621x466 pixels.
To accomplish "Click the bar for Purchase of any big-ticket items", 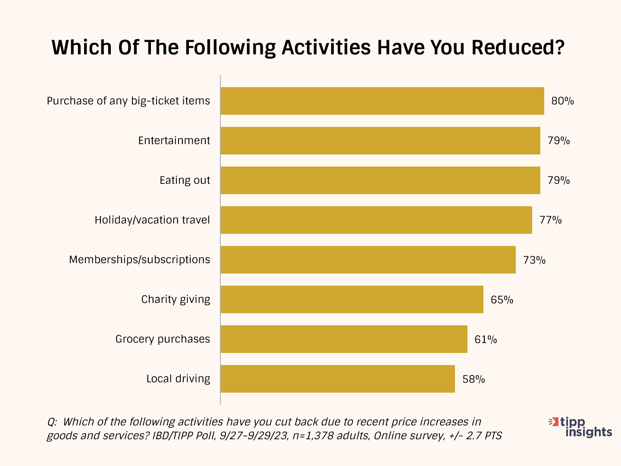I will (x=382, y=101).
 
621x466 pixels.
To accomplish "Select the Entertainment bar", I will (x=380, y=141).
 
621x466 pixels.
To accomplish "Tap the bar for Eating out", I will (x=380, y=180).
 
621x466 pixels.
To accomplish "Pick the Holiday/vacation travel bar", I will (x=376, y=220).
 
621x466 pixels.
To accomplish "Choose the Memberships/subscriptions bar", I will (x=368, y=260).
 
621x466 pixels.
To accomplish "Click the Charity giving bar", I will (x=352, y=299).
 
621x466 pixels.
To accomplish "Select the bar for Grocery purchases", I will (x=344, y=339).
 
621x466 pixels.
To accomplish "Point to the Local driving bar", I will (x=338, y=379).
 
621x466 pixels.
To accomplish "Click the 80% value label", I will (x=562, y=101).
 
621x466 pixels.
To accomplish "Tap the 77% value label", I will (x=550, y=220).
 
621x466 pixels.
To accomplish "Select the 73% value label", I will (x=534, y=260).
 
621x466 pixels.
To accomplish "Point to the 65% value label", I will (x=502, y=299).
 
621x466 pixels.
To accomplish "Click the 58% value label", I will (x=474, y=379).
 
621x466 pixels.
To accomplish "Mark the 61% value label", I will (x=486, y=339).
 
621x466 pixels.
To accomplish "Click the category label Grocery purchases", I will (x=163, y=339).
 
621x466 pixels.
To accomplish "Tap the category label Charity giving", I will (x=176, y=299).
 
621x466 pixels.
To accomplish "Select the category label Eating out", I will (x=185, y=180).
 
